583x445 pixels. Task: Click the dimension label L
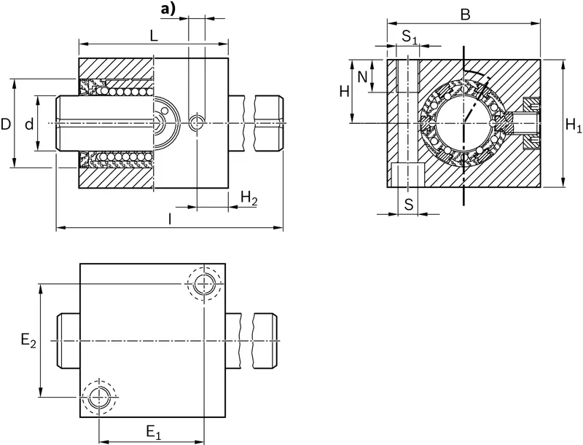pyautogui.click(x=154, y=36)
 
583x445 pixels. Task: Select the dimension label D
pyautogui.click(x=5, y=124)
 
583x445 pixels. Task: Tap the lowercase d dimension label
pyautogui.click(x=29, y=124)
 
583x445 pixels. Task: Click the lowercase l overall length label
pyautogui.click(x=170, y=219)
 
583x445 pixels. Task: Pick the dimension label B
pyautogui.click(x=465, y=15)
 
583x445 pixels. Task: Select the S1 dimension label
pyautogui.click(x=410, y=36)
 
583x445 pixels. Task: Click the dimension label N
pyautogui.click(x=362, y=77)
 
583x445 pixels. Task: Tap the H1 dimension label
pyautogui.click(x=573, y=125)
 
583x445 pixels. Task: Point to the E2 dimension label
pyautogui.click(x=28, y=340)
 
